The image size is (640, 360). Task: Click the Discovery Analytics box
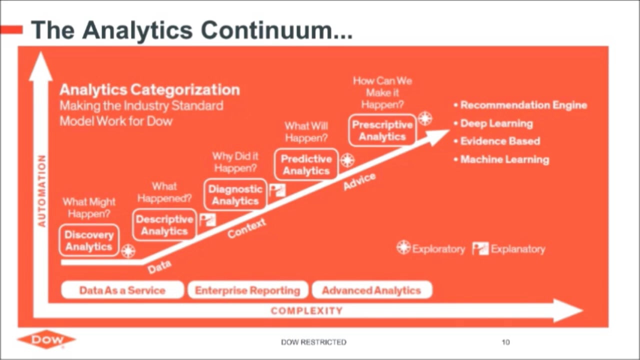pyautogui.click(x=89, y=240)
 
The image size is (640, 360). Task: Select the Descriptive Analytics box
pyautogui.click(x=164, y=225)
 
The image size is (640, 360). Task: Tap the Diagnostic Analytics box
pyautogui.click(x=235, y=195)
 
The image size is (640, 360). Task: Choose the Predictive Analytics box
pyautogui.click(x=306, y=165)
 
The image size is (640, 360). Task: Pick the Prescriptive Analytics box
pyautogui.click(x=382, y=130)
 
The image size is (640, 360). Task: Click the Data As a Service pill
pyautogui.click(x=122, y=290)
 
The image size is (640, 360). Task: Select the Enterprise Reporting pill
pyautogui.click(x=247, y=290)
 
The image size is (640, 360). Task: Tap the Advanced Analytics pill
pyautogui.click(x=371, y=290)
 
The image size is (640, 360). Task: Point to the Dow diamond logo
pyautogui.click(x=46, y=339)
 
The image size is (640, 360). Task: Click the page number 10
pyautogui.click(x=505, y=342)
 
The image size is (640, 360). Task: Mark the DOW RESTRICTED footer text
pyautogui.click(x=313, y=342)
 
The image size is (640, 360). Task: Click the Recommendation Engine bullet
pyautogui.click(x=520, y=105)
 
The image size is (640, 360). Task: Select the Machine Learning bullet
pyautogui.click(x=501, y=159)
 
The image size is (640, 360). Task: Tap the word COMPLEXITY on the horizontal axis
pyautogui.click(x=307, y=310)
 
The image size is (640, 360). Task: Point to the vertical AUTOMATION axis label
pyautogui.click(x=42, y=191)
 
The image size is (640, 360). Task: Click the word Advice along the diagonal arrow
pyautogui.click(x=359, y=181)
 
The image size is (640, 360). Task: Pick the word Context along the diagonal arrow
pyautogui.click(x=247, y=228)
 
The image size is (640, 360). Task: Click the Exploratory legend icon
pyautogui.click(x=403, y=247)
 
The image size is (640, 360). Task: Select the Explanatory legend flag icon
pyautogui.click(x=480, y=248)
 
